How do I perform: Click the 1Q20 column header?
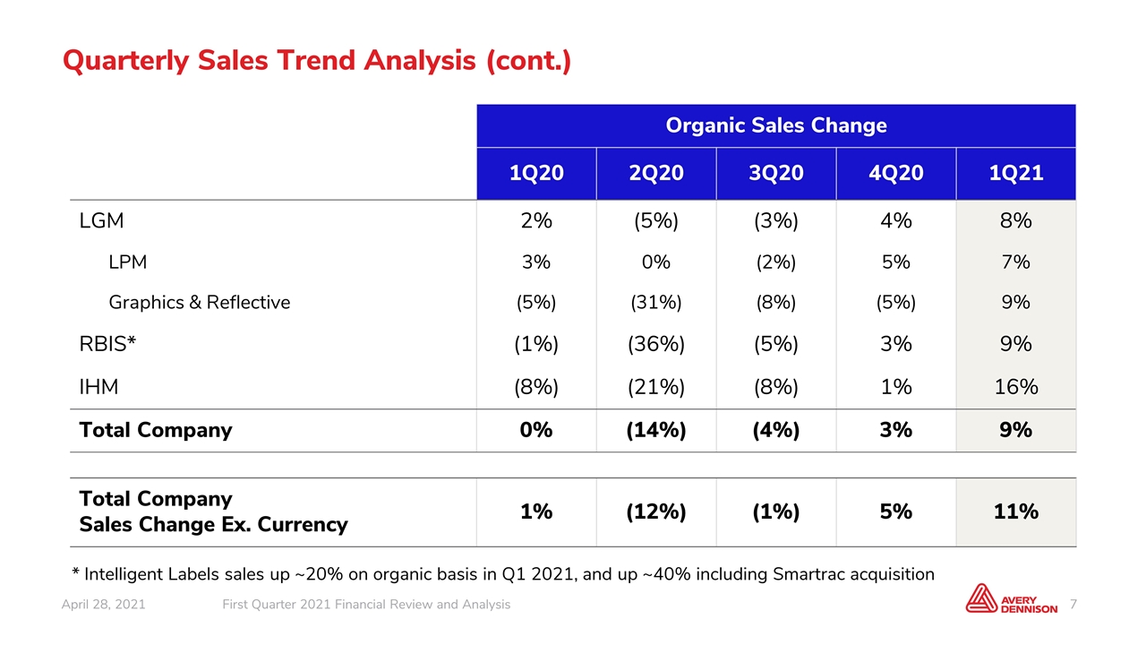536,173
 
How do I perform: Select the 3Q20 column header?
776,173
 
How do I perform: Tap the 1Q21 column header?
1016,173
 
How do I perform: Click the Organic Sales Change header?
776,125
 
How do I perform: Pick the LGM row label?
101,220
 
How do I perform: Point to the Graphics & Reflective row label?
200,303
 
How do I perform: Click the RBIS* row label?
107,343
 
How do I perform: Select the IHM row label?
98,386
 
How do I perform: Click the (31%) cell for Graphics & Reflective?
656,303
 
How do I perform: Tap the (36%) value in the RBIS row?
656,344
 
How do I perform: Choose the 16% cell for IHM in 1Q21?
1016,386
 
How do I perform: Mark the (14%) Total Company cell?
656,430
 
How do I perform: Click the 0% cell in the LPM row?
656,262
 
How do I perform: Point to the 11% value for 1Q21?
1016,512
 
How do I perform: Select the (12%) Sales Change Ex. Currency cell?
656,512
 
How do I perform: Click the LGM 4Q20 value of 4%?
896,220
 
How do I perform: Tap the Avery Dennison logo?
1011,598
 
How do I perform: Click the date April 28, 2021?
103,605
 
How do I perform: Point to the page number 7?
1073,605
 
